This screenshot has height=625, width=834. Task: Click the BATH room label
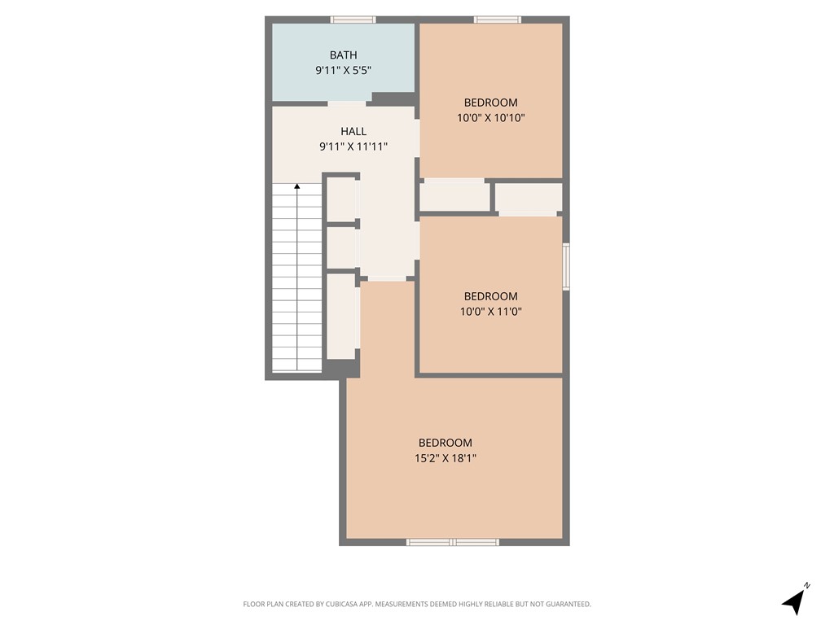(x=343, y=55)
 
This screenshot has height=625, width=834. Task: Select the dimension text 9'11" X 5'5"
(x=343, y=71)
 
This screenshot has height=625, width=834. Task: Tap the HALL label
(x=353, y=131)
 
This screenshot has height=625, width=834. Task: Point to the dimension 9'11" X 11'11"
(x=353, y=146)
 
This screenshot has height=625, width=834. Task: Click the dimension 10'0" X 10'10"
(x=490, y=117)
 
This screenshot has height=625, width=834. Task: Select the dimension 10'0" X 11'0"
(x=490, y=311)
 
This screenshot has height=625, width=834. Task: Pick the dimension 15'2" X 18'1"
(x=445, y=458)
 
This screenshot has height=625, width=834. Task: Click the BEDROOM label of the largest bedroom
(x=445, y=443)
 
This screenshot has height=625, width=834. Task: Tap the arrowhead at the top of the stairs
(x=297, y=187)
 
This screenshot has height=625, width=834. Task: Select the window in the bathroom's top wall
(x=353, y=20)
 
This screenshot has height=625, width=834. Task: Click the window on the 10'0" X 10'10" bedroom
(x=497, y=20)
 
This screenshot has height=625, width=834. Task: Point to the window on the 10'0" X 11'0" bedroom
(x=566, y=266)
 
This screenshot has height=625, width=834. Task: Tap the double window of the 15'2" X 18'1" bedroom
(x=452, y=541)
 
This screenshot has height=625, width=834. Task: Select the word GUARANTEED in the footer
(x=565, y=604)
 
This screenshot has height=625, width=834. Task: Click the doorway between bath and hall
(x=347, y=103)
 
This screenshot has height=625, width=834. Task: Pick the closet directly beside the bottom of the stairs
(x=341, y=316)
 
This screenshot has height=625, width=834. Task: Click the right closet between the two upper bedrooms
(x=529, y=198)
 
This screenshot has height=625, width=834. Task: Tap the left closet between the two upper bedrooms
(x=454, y=197)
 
